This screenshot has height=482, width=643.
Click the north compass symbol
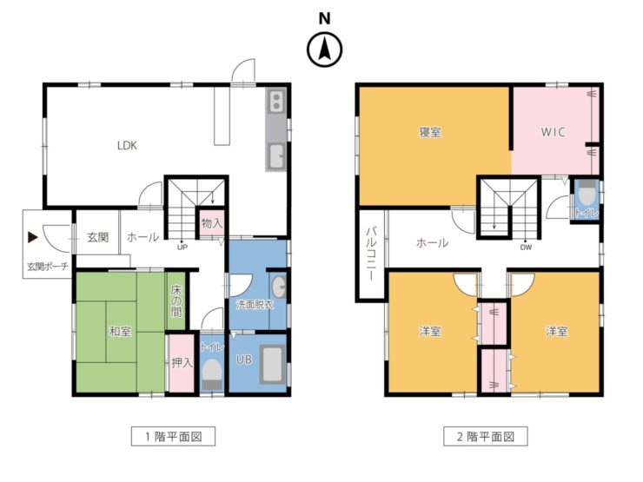point(324,50)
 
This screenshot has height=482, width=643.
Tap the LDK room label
point(128,145)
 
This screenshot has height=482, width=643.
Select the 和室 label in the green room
point(119,331)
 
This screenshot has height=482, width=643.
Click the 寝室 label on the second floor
point(429,132)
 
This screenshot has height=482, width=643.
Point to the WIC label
point(554,132)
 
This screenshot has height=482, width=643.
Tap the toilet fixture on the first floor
point(212,372)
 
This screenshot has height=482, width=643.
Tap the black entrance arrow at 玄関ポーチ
point(32,236)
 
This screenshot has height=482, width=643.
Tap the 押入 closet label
point(182,362)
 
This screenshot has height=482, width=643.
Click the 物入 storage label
point(211,223)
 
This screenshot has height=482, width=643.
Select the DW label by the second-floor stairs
point(526,247)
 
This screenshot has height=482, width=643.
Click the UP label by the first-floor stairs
point(182,247)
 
